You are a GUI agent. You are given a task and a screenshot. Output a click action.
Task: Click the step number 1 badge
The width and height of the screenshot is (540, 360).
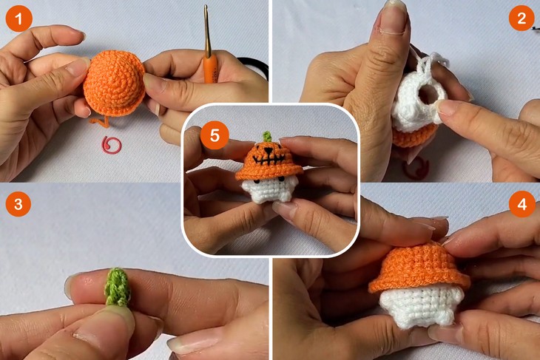pos(19,18)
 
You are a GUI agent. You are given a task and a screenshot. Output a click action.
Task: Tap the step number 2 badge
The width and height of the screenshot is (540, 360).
pos(522,18)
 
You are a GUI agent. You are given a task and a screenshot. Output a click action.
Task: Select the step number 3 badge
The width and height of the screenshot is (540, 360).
pos(18,204)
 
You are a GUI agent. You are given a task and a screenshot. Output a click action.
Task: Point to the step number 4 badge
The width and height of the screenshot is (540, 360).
pos(522,204)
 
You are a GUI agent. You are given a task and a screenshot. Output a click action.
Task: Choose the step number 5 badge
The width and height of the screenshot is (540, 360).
pos(215,135)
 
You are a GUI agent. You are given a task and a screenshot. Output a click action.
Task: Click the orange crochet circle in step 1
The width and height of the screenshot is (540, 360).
pos(113,83)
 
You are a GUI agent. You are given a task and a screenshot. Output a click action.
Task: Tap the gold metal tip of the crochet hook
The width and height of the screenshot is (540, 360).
pos(207,31)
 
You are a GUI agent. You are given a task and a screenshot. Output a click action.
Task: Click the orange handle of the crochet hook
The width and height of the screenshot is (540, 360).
pos(209,69)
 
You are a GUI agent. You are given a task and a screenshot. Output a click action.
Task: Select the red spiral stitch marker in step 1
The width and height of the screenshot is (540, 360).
pos(112,145)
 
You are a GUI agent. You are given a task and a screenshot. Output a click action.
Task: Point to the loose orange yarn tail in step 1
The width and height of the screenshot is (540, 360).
pos(100,122)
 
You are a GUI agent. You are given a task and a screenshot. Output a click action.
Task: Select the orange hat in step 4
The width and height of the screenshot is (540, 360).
pos(419,268)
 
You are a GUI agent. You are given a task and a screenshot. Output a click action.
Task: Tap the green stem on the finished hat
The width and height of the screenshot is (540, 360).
pos(266,137)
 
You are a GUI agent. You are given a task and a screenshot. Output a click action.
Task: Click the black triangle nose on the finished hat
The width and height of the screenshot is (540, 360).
pos(267,150)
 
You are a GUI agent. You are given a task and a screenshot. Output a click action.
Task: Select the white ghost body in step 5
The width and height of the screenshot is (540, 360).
pos(268,190)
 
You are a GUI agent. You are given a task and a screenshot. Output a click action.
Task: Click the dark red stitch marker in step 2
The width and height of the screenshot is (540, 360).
pos(416,168)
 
